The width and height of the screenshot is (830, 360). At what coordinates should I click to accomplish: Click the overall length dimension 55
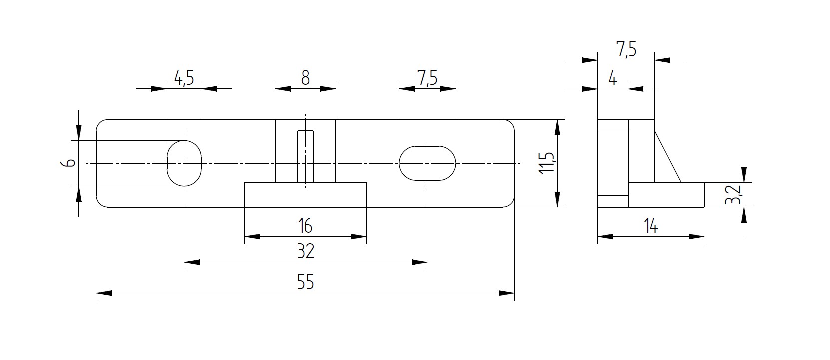pyautogui.click(x=305, y=282)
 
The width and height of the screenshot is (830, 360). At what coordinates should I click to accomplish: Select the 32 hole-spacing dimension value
pyautogui.click(x=306, y=251)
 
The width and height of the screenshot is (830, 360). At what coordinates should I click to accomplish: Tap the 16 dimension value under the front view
pyautogui.click(x=305, y=226)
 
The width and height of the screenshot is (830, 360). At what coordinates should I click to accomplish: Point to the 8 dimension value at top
pyautogui.click(x=305, y=78)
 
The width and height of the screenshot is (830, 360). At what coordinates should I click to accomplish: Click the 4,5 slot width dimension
pyautogui.click(x=184, y=78)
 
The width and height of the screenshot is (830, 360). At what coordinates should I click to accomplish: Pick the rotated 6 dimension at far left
pyautogui.click(x=68, y=163)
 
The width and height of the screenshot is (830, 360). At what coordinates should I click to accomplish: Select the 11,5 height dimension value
pyautogui.click(x=546, y=163)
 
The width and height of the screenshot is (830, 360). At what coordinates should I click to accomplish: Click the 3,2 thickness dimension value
pyautogui.click(x=733, y=194)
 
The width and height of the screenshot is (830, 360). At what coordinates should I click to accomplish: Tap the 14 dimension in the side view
pyautogui.click(x=651, y=226)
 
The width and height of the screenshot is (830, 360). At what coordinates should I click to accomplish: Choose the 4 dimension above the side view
pyautogui.click(x=613, y=79)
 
